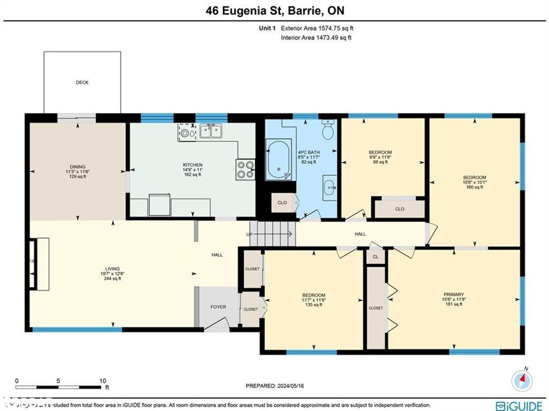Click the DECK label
(x=81, y=83)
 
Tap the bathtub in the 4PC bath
(x=279, y=159)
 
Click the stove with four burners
(x=246, y=170)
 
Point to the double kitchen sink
(x=211, y=130)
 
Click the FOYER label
(x=218, y=307)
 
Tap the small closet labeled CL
(x=375, y=257)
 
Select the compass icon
(x=522, y=380)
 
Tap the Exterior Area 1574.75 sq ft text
(x=317, y=28)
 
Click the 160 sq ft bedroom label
(x=474, y=182)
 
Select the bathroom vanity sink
(x=329, y=188)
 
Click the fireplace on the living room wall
(x=40, y=264)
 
